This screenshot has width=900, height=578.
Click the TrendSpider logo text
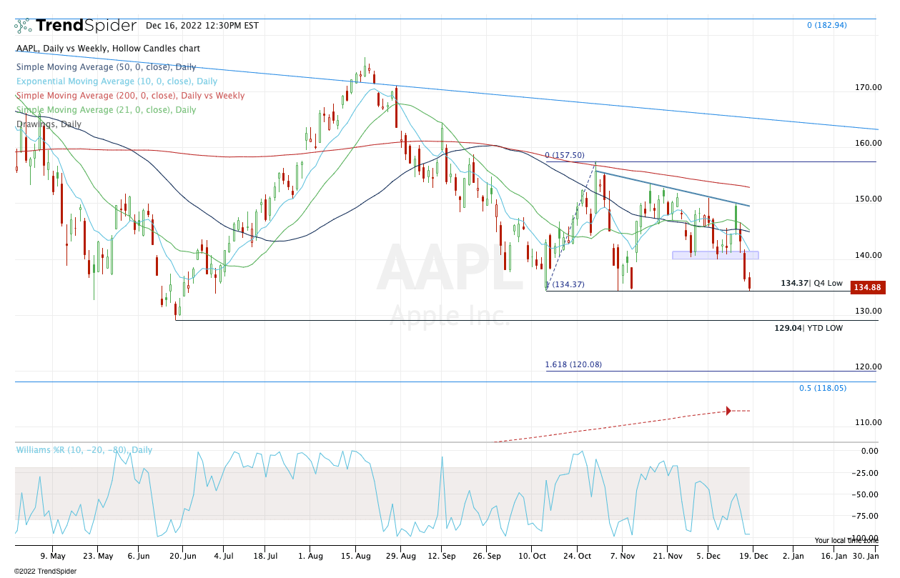click(x=85, y=26)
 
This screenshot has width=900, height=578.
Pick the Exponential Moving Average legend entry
click(x=117, y=81)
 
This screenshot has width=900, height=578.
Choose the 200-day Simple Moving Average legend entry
click(x=130, y=96)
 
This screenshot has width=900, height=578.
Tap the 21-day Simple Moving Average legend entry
click(x=106, y=110)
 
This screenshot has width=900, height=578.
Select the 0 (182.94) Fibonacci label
click(x=826, y=25)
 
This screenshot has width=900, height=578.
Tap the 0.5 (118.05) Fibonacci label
click(x=822, y=388)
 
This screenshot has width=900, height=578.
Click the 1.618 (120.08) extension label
click(x=573, y=364)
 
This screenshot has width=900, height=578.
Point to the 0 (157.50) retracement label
click(x=565, y=155)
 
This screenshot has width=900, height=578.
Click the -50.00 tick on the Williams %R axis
click(x=868, y=494)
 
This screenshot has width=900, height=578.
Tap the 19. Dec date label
click(x=751, y=554)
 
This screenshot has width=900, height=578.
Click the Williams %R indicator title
click(x=84, y=450)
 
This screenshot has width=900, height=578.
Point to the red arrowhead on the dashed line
click(x=728, y=411)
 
